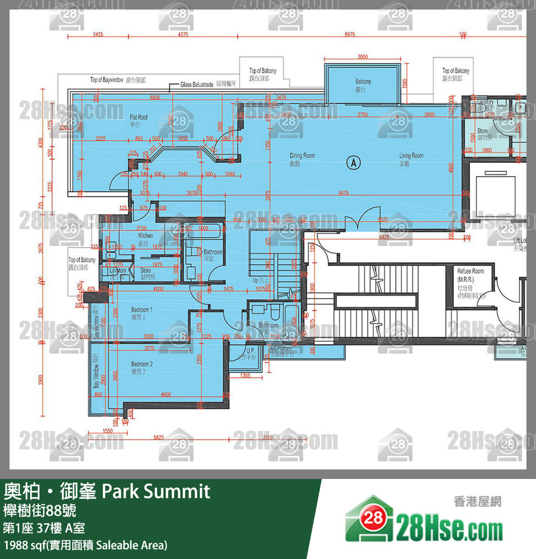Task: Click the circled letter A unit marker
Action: pos(353,163)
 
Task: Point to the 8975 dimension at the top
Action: pos(349,34)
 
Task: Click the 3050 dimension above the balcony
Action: pos(362,57)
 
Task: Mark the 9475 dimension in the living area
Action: pos(343,193)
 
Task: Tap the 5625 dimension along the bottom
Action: pos(159,437)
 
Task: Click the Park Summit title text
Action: pos(156,491)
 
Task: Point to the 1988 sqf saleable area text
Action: pos(86,545)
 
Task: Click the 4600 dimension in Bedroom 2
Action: pos(166,394)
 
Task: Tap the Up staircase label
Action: pos(260,280)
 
